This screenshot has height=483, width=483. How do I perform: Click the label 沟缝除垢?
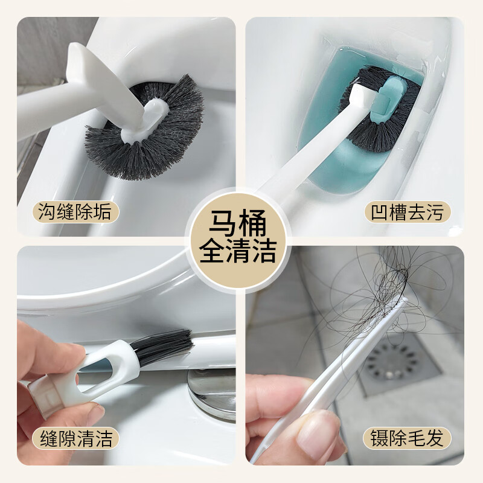click(75, 213)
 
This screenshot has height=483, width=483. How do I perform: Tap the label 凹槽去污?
click(407, 213)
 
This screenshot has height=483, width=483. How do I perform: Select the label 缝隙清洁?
click(75, 438)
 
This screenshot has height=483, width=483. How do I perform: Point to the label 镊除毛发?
click(407, 438)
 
